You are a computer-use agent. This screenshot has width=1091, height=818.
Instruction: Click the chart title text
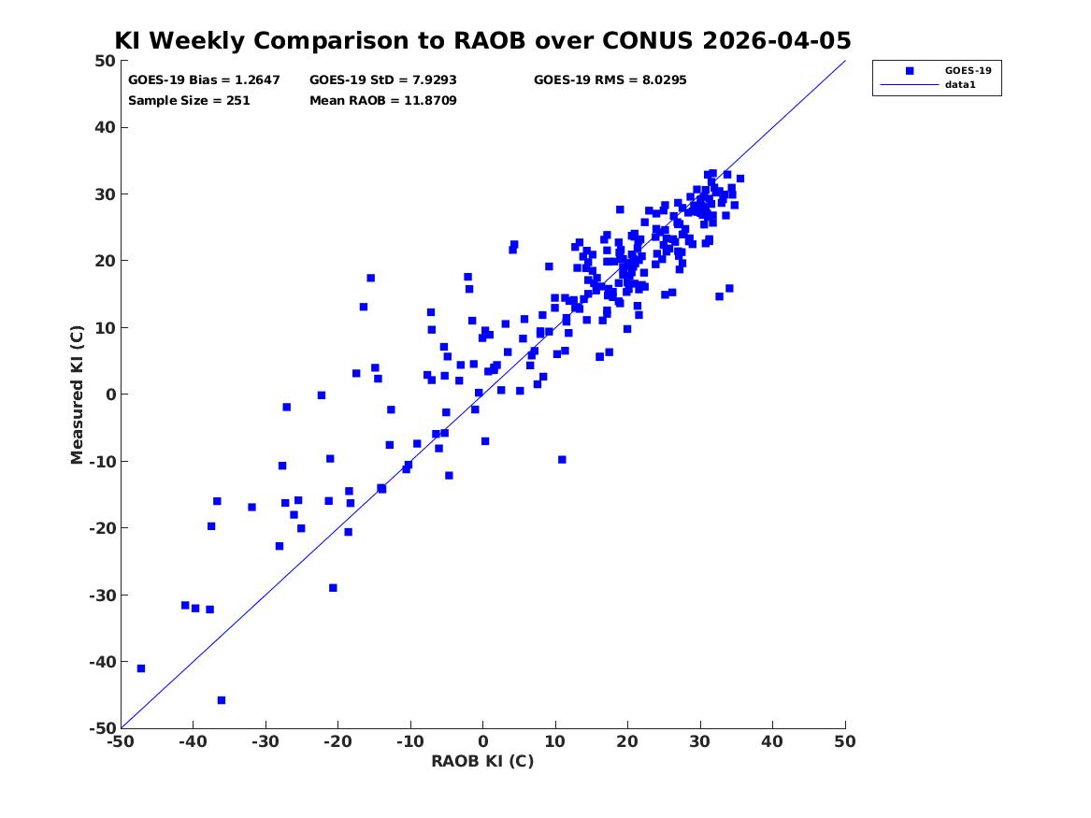pos(482,40)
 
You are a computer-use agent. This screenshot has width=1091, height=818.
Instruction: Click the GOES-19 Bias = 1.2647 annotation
pos(204,80)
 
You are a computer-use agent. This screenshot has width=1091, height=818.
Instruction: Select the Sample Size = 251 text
pos(189,100)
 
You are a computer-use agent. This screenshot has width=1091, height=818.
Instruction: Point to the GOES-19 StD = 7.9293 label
pos(382,80)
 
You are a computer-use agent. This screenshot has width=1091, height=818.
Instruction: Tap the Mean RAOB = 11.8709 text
pos(382,100)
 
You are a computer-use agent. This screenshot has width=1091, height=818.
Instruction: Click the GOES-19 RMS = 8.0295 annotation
pos(610,80)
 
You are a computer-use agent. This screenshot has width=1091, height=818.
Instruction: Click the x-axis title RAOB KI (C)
pos(483,761)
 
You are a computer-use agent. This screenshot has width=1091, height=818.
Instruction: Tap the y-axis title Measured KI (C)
pos(78,395)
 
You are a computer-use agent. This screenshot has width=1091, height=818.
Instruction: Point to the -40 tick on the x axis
pos(194,741)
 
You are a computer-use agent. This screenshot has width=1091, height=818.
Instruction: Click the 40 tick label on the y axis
pos(105,127)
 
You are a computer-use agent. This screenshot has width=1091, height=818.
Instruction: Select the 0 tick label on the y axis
pos(110,395)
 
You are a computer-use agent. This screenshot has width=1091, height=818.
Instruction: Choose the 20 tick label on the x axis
pos(627,741)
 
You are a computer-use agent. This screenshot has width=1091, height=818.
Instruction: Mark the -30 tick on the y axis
pos(102,595)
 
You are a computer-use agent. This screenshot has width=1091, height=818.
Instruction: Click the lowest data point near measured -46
pos(222,700)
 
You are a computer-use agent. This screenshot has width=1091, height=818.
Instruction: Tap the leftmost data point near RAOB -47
pos(141,668)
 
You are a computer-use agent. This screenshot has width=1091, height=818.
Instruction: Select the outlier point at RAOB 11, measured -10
pos(562,460)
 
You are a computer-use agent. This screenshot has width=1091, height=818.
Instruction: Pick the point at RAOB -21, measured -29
pos(334,588)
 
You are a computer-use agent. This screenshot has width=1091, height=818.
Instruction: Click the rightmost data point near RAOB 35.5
pos(740,179)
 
